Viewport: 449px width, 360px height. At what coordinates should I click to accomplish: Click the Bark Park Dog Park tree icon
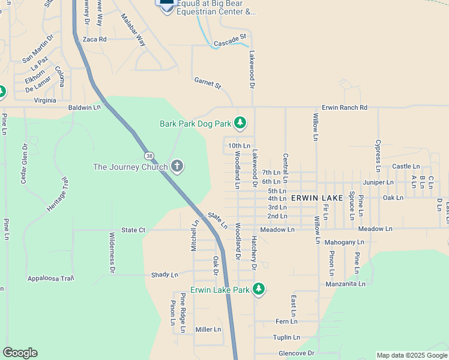tap(240, 124)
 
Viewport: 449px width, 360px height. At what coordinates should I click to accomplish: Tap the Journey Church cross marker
tap(176, 166)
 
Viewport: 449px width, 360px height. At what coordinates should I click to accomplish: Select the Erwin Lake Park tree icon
tap(259, 290)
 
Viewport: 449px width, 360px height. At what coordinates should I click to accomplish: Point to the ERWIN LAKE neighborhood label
tap(317, 197)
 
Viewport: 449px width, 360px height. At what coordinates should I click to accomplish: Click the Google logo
tap(20, 352)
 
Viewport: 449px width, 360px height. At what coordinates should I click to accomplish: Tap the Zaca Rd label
tap(94, 39)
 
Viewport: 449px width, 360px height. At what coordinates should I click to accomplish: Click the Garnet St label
tap(208, 83)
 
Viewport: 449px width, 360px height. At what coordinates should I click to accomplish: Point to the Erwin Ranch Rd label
tap(344, 107)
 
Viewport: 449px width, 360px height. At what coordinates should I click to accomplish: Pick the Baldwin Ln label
tap(85, 107)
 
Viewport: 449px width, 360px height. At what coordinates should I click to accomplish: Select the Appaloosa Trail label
tap(50, 278)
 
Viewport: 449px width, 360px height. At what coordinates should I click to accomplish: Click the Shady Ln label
tap(164, 275)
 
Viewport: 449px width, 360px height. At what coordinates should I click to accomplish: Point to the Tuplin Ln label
tap(286, 337)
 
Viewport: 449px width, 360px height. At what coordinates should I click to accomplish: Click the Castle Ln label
tap(406, 166)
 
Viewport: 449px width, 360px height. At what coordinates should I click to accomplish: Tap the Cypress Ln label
tap(378, 152)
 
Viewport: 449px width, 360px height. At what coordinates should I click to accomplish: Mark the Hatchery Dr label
tap(254, 252)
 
